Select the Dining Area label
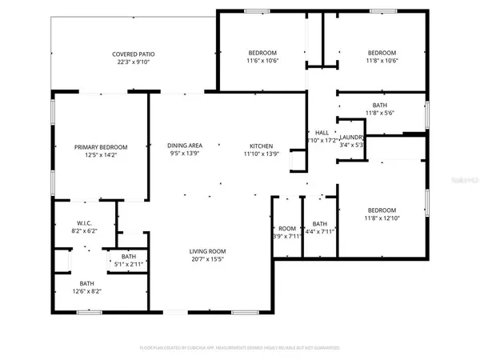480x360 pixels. pos(185,146)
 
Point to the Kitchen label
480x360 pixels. pos(262,146)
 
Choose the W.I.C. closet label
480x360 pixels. pos(86,223)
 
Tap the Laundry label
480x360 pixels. pos(352,138)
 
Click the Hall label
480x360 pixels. pos(322,133)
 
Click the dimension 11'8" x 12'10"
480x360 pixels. pos(381,217)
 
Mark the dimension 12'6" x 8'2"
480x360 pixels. pos(86,291)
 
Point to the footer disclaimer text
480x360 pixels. pos(239,348)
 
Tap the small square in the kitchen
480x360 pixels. pos(297,162)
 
